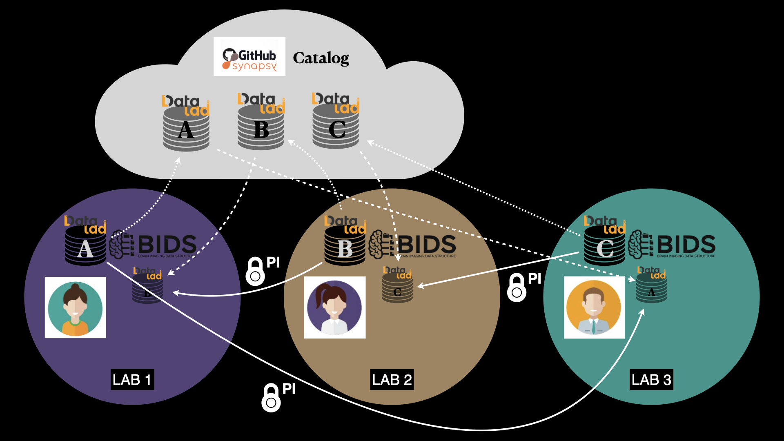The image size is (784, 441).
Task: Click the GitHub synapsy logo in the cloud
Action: click(249, 57)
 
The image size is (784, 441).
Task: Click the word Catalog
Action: click(321, 58)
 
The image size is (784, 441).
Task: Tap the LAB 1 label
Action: click(132, 380)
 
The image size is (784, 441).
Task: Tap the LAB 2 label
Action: click(392, 380)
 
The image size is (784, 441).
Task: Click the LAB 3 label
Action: click(651, 380)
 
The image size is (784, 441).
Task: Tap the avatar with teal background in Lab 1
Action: click(75, 307)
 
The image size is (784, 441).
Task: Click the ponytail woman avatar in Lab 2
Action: click(334, 307)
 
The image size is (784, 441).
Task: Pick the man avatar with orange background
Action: click(594, 307)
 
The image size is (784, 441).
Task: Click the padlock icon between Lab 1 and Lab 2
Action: click(255, 272)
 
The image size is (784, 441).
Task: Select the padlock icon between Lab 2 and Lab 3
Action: click(517, 288)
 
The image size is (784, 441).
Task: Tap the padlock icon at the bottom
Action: click(271, 398)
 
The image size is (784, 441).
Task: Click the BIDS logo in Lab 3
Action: click(672, 245)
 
